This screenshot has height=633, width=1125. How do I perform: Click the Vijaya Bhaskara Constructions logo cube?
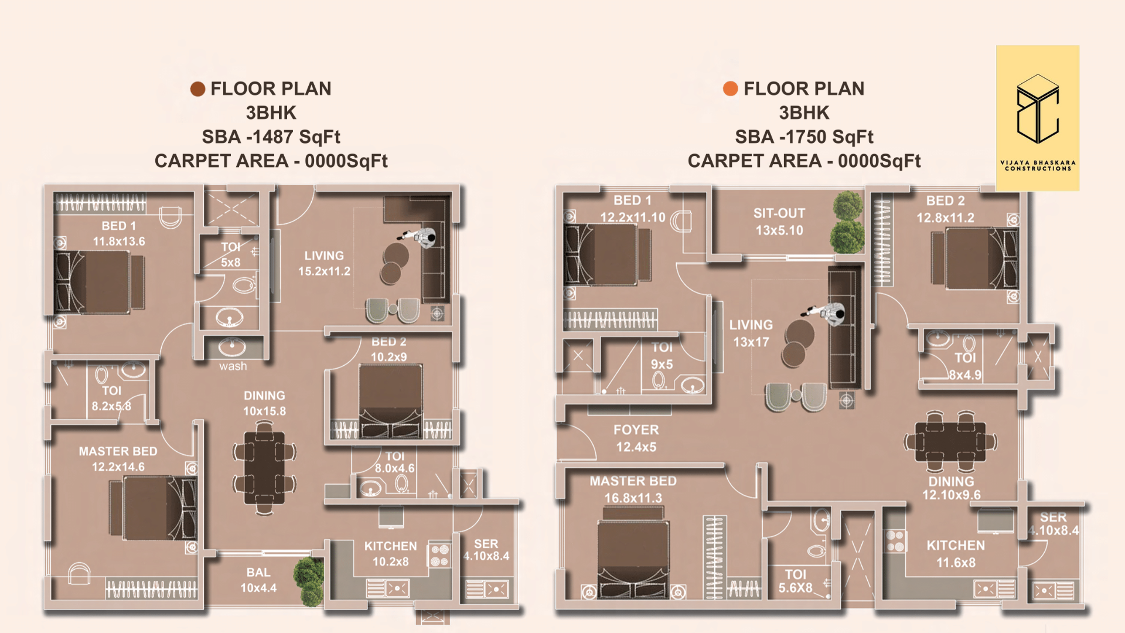(x=1038, y=109)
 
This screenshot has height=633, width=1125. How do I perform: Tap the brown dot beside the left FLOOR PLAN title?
(x=197, y=89)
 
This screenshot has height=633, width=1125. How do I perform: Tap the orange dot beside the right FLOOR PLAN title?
(x=731, y=89)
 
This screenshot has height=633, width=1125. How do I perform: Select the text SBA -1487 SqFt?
(x=271, y=137)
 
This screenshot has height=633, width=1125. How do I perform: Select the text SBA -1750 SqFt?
(x=804, y=137)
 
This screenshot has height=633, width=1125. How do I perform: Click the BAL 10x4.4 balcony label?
(x=258, y=580)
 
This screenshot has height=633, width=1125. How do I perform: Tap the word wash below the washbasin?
(x=233, y=366)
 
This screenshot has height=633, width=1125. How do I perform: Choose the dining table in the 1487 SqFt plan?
(x=265, y=468)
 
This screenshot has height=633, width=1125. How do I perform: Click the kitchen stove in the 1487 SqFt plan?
(x=439, y=555)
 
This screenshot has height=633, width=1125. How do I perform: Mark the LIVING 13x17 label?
(x=751, y=333)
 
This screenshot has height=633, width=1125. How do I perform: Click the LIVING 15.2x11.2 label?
(x=324, y=263)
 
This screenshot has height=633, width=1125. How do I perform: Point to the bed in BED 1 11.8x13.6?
(x=100, y=282)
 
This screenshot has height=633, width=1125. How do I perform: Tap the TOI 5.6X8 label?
(x=795, y=581)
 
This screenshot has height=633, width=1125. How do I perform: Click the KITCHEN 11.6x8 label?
(x=956, y=554)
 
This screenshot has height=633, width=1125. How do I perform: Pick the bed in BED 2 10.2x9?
(x=391, y=401)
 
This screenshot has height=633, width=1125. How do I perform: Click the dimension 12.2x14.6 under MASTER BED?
(x=118, y=467)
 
